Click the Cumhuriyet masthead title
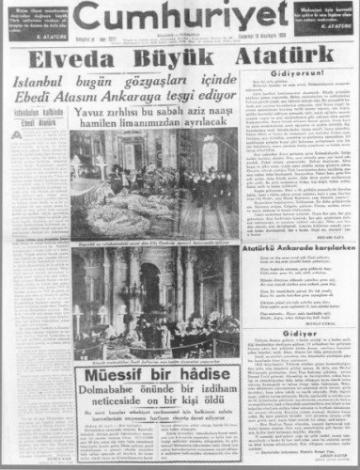[x=180, y=22]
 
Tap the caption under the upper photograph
[x=154, y=243]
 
